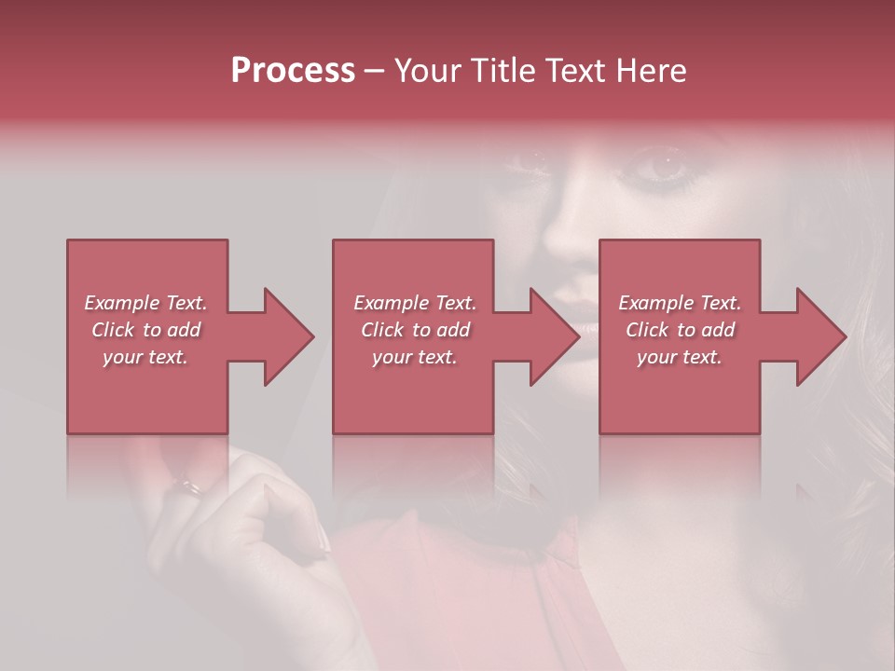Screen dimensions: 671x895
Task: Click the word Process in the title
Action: point(293,71)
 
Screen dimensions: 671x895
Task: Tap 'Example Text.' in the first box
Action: point(145,303)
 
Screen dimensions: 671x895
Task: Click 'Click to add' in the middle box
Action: point(415,330)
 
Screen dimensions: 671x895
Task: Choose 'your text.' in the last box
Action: point(680,357)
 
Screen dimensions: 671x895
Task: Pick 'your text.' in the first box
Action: point(145,357)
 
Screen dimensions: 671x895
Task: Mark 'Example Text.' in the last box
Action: point(680,303)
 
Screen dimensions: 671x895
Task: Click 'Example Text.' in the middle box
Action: point(415,303)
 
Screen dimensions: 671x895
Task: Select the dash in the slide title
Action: point(375,72)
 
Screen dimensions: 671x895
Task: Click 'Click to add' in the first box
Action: point(145,330)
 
